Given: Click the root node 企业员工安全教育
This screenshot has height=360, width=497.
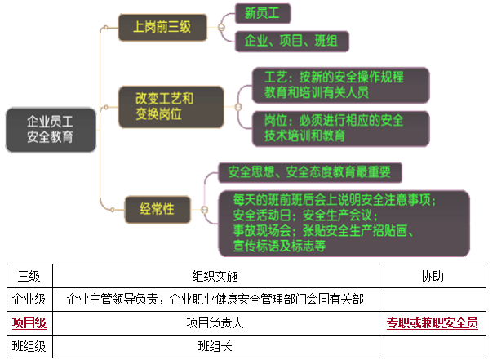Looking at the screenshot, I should point(50,129).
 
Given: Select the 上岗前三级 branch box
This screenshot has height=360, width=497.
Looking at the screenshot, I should point(162,28).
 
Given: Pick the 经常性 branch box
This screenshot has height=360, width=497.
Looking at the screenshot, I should point(158,207).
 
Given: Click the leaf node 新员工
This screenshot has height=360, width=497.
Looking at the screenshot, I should point(262,13).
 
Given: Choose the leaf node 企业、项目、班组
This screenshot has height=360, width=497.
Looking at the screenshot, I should point(291,40).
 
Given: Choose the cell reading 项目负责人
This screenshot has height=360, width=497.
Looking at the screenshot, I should point(215,322).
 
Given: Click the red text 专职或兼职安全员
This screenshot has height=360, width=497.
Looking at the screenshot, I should point(432,322).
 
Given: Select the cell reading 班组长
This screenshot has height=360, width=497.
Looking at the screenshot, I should point(215,346).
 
